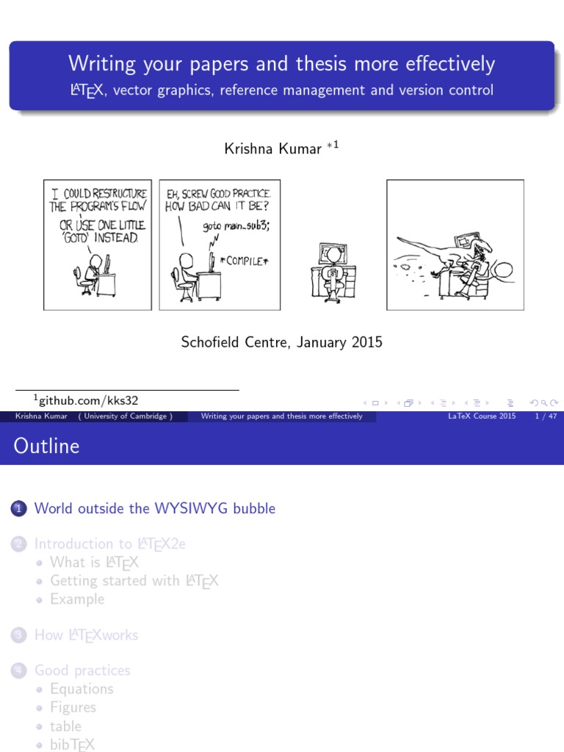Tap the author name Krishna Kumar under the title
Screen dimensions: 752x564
pyautogui.click(x=272, y=149)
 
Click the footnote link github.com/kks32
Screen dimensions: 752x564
pyautogui.click(x=88, y=400)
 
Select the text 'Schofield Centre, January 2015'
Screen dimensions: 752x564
pyautogui.click(x=281, y=342)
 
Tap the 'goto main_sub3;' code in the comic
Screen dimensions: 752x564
pyautogui.click(x=236, y=225)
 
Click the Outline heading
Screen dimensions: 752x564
pyautogui.click(x=46, y=446)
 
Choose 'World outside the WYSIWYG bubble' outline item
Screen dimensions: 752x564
pyautogui.click(x=155, y=508)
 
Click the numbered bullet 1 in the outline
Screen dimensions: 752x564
pyautogui.click(x=19, y=508)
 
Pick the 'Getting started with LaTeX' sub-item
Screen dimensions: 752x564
pyautogui.click(x=134, y=580)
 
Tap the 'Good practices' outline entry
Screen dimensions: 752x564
pyautogui.click(x=82, y=670)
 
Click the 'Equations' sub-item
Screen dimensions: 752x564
pyautogui.click(x=82, y=689)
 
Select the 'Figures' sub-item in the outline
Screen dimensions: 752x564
pyautogui.click(x=73, y=707)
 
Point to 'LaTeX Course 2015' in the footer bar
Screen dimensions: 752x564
pyautogui.click(x=482, y=416)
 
